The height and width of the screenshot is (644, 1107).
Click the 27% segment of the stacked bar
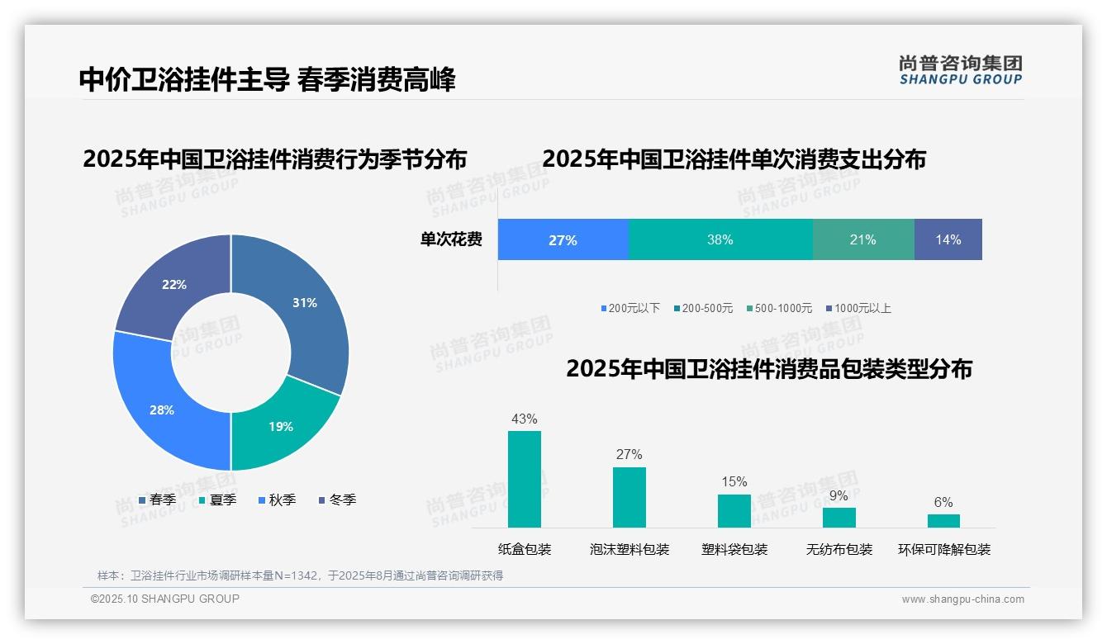(563, 240)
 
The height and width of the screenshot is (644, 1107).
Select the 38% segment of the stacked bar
(720, 240)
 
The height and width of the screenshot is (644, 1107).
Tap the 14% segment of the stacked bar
(948, 240)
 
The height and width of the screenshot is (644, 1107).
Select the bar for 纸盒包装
(525, 479)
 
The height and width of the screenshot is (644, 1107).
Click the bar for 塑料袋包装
(734, 510)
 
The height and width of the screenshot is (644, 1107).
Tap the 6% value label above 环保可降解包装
(943, 502)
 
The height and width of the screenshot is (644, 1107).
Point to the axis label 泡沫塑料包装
(630, 549)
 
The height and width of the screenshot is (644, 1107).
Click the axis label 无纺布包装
(839, 549)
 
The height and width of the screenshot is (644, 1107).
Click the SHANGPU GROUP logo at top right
(961, 70)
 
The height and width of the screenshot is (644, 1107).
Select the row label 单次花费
(451, 240)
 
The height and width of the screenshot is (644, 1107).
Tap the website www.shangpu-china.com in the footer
(962, 599)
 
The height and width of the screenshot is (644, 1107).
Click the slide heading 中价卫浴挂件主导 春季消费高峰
(267, 79)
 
